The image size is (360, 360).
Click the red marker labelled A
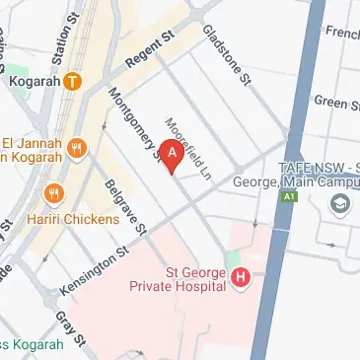point(173,154)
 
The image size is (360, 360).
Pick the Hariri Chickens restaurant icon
point(53,193)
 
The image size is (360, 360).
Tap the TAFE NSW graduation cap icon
point(340,201)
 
